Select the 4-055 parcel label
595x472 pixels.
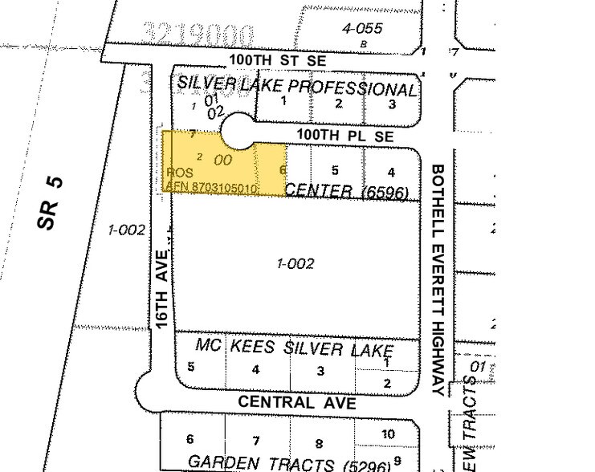coord(358,28)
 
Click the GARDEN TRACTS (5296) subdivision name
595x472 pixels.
coord(288,463)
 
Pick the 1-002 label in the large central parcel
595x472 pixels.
coord(295,263)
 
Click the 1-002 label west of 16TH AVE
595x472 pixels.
coord(126,230)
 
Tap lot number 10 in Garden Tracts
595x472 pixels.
coord(388,434)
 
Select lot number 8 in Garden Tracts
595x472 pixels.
coord(319,443)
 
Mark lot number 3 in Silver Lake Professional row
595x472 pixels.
coord(392,104)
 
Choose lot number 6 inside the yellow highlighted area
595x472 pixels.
coord(282,170)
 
